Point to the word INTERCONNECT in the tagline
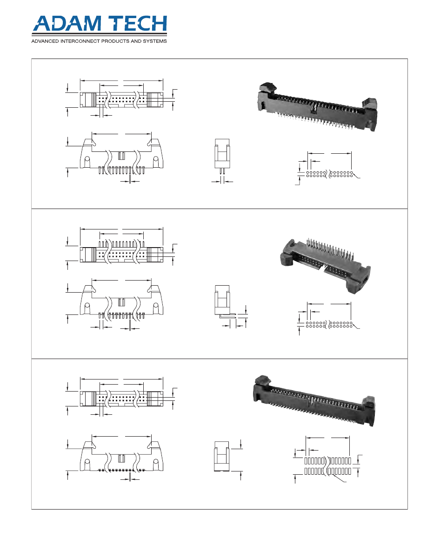click(80, 41)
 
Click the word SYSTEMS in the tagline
click(155, 41)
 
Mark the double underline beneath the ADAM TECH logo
click(100, 35)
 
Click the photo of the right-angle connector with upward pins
click(325, 265)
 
